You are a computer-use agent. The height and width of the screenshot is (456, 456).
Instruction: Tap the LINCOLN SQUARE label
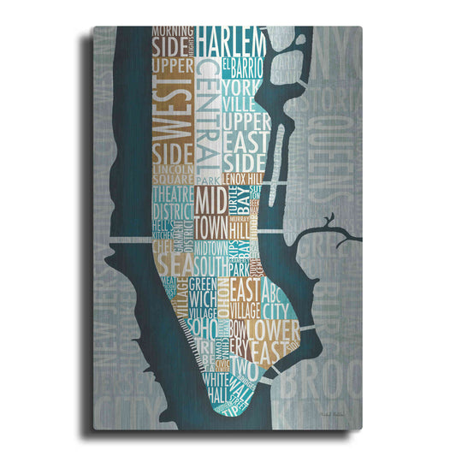pyautogui.click(x=174, y=175)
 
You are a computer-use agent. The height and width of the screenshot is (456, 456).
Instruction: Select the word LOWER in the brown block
pyautogui.click(x=275, y=329)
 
